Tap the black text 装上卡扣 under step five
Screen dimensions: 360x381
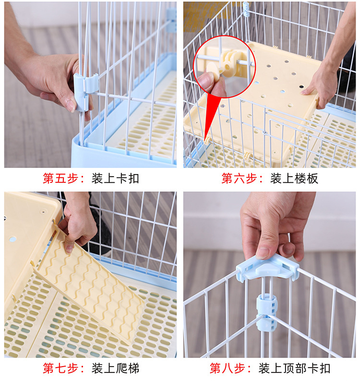(115, 179)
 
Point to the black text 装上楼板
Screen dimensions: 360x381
(294, 179)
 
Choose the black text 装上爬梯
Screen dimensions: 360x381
(115, 368)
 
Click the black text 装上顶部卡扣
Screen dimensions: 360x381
(294, 368)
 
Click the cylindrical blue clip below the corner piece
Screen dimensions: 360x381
(267, 312)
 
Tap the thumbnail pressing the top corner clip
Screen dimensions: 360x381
(263, 253)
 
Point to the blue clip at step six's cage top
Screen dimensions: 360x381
(246, 9)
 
